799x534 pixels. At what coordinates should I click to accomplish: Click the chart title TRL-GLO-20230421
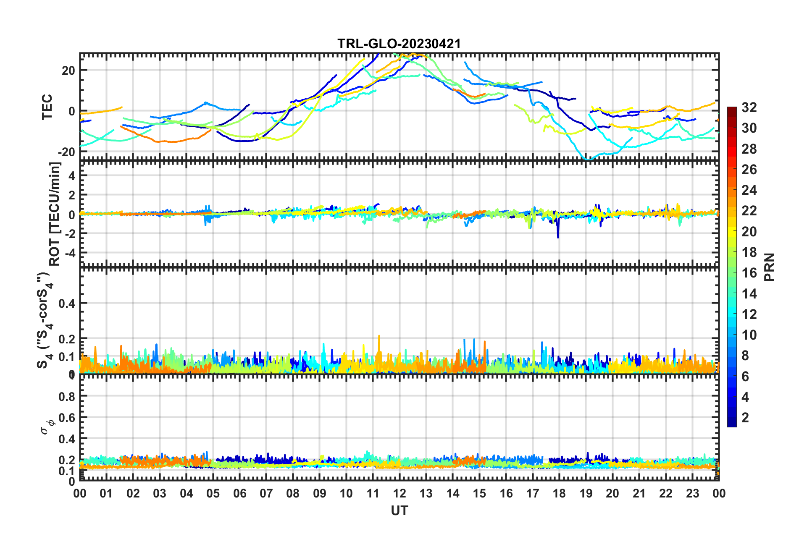point(399,44)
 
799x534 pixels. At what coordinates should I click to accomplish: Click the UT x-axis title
point(399,510)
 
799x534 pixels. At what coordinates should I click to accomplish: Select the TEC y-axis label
point(47,107)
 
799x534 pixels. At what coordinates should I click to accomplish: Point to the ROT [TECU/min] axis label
point(55,214)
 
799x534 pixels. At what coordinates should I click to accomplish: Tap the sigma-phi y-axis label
point(45,427)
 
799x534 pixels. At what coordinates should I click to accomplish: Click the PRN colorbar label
point(770,267)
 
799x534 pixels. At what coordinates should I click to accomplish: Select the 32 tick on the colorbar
point(749,107)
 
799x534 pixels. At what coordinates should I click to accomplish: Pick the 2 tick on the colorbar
point(745,417)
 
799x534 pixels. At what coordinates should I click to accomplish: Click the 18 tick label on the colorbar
point(749,252)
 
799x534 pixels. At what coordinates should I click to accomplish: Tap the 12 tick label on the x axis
point(399,494)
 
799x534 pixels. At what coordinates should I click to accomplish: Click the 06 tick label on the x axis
point(239,494)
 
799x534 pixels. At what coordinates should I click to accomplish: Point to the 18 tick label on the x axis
point(559,494)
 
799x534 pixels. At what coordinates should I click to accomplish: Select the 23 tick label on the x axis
point(692,494)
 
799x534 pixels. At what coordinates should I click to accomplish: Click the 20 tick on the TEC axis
point(68,70)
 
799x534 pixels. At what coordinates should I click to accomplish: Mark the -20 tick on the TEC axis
point(66,152)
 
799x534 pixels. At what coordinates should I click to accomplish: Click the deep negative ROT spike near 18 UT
point(558,237)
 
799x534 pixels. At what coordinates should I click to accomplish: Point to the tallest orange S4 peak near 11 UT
point(379,336)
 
